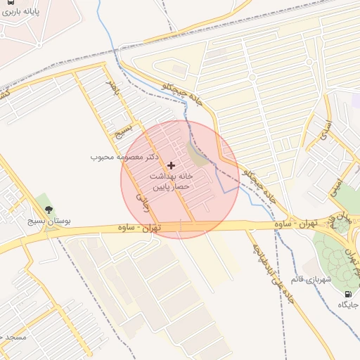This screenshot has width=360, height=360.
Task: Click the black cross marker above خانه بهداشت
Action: tap(171, 165)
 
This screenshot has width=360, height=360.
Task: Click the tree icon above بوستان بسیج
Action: tap(48, 209)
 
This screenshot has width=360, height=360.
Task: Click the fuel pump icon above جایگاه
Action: tap(347, 293)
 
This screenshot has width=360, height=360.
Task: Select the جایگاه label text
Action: tap(347, 304)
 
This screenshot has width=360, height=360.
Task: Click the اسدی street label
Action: tap(325, 132)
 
